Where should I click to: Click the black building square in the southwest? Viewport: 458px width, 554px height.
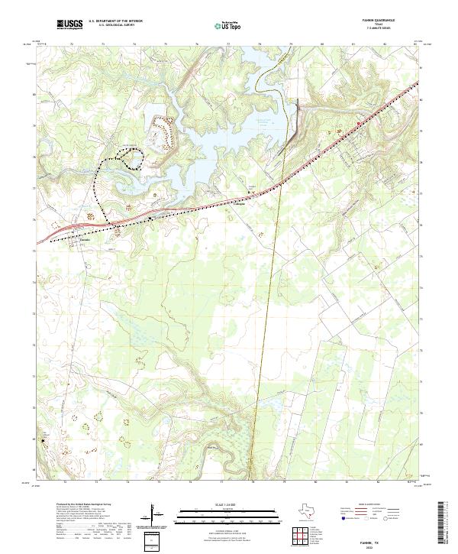(x=44, y=439)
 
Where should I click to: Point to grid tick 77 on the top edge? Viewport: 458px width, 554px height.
(x=229, y=45)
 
